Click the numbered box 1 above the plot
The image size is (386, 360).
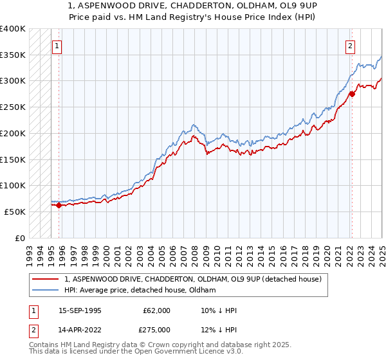click(x=58, y=46)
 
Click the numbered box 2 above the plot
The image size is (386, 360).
click(x=351, y=46)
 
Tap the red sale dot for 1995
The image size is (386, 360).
click(x=59, y=206)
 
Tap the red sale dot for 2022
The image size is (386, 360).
click(x=352, y=94)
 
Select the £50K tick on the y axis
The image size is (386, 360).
click(x=15, y=212)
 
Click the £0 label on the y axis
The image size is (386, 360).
click(x=21, y=238)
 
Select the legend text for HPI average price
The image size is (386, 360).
click(x=140, y=291)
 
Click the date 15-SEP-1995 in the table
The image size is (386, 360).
click(x=80, y=310)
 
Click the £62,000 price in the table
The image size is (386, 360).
click(x=157, y=310)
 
